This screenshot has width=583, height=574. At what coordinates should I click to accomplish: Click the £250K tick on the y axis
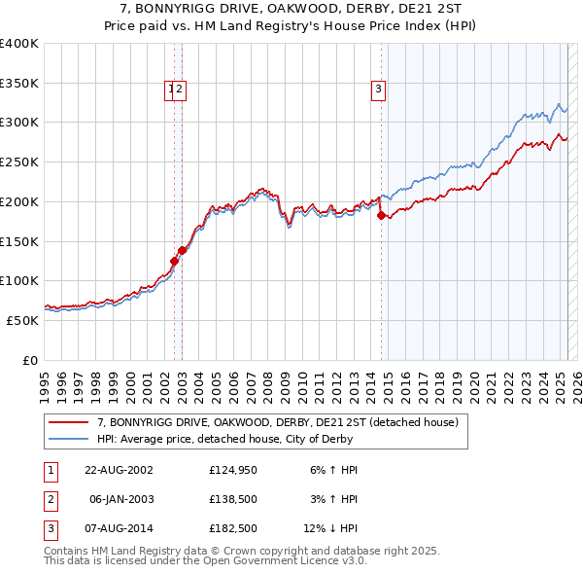tap(19, 161)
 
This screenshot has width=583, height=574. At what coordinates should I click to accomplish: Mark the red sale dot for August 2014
tap(381, 215)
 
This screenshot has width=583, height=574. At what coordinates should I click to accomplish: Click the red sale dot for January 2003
tap(182, 250)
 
